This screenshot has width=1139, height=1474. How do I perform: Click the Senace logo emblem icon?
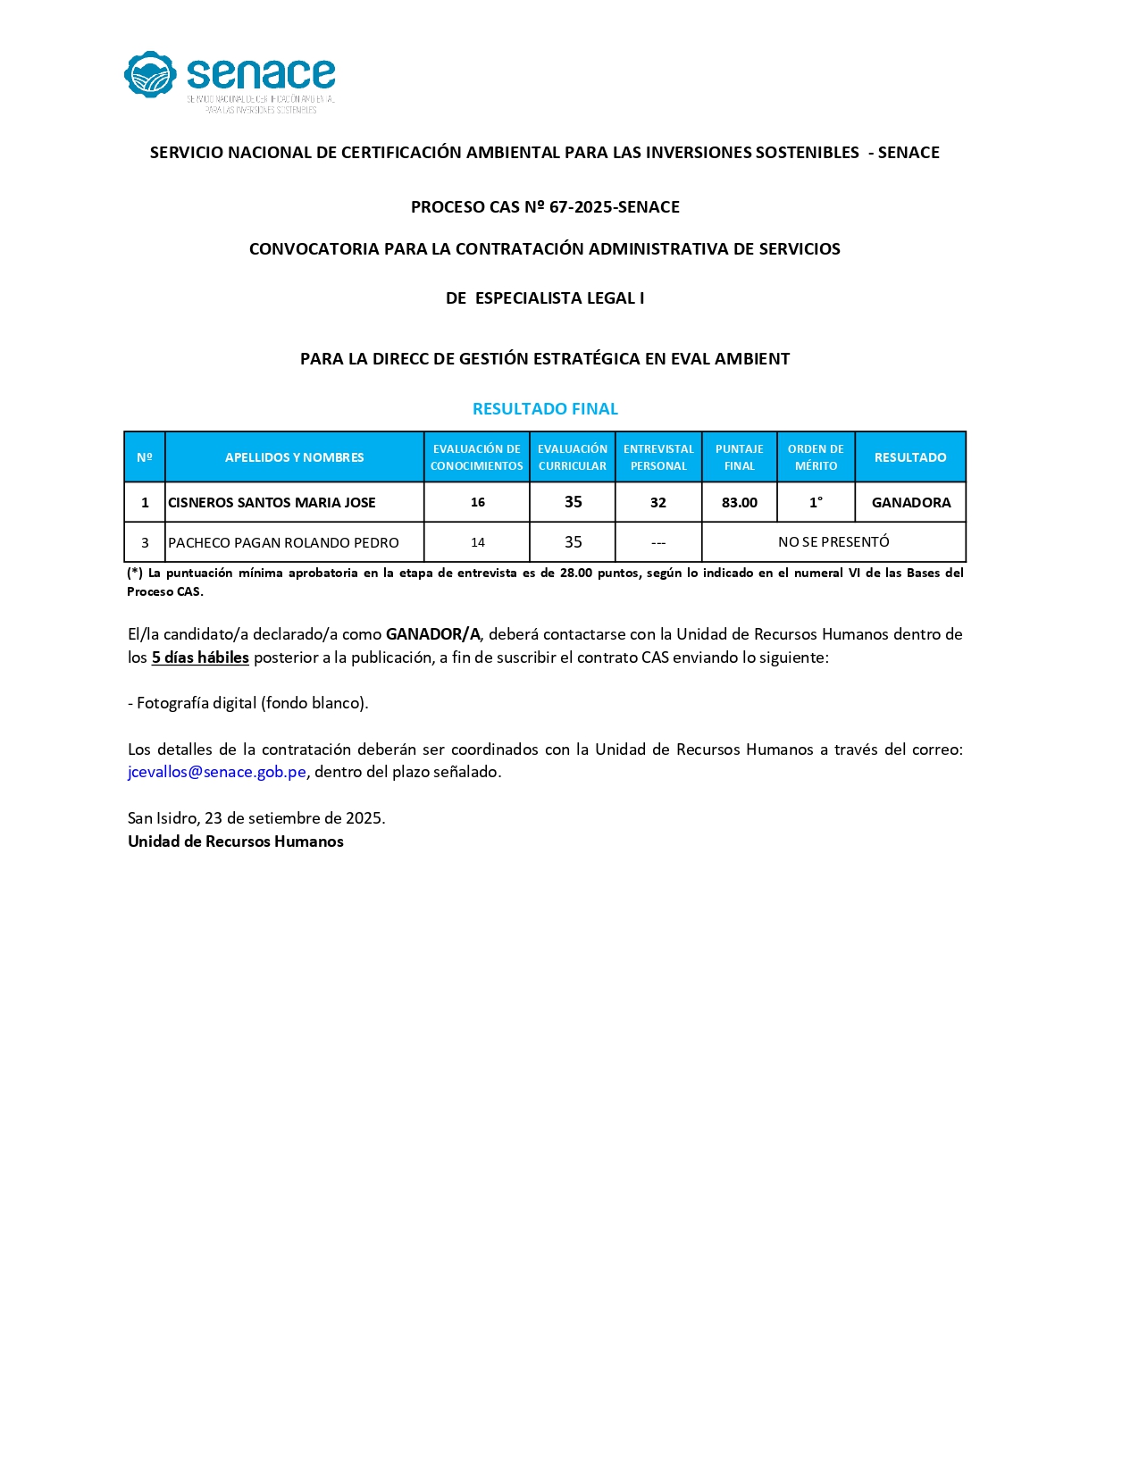click(x=150, y=75)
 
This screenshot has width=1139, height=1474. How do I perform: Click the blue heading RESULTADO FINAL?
click(x=545, y=409)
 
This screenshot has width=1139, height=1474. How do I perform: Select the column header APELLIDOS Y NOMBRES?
click(x=294, y=457)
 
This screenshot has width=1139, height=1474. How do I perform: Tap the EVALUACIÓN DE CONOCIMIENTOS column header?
click(x=476, y=457)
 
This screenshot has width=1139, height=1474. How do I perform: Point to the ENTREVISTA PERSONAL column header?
click(x=658, y=457)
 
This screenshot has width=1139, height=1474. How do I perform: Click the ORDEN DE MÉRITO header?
click(x=816, y=457)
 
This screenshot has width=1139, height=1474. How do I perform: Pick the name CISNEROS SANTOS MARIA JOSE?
click(x=272, y=503)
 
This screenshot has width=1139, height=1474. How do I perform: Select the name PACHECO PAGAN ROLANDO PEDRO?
click(x=283, y=543)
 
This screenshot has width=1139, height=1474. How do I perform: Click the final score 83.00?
click(x=740, y=503)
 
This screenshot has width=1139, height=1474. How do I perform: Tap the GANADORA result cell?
click(x=910, y=503)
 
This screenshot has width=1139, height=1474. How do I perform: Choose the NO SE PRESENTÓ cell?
click(x=833, y=542)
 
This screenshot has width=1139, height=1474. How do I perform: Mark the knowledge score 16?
click(x=478, y=503)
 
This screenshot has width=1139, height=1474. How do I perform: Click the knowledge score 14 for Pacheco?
click(x=478, y=543)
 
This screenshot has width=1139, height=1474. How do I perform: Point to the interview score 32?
click(x=658, y=503)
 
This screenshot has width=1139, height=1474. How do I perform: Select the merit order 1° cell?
click(x=816, y=503)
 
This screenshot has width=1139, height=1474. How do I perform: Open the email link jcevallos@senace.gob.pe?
click(x=217, y=773)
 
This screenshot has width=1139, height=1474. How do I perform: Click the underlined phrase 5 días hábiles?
click(x=200, y=658)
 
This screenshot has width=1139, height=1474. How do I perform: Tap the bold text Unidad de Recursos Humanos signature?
click(x=236, y=842)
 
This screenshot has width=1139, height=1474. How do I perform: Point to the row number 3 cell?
click(x=145, y=543)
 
